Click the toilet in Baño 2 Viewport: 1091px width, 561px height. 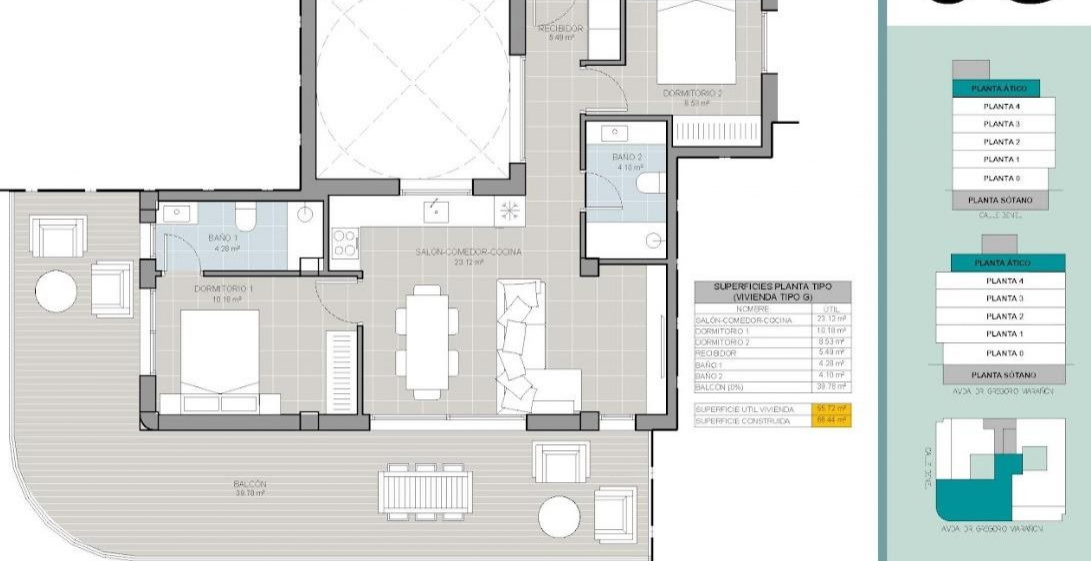tap(652, 183)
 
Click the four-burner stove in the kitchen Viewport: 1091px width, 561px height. tap(344, 242)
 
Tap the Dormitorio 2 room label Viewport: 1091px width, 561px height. tap(692, 93)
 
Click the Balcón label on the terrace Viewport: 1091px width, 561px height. tap(250, 484)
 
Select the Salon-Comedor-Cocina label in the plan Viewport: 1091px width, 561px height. tap(468, 252)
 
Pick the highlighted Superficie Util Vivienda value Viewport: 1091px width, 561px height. tap(831, 409)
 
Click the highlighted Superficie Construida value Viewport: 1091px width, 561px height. tap(831, 420)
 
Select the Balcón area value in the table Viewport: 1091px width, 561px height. tap(831, 387)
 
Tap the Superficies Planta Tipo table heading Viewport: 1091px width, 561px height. tap(772, 292)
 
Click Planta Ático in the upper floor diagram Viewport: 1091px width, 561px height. tap(998, 89)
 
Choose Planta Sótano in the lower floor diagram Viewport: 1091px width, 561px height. tap(1004, 375)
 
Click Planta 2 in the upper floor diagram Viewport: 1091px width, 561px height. tap(1001, 142)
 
